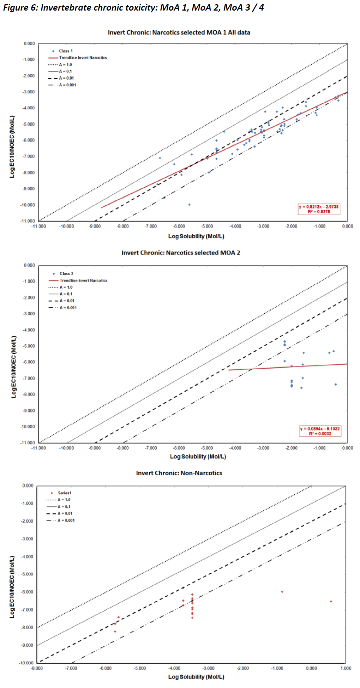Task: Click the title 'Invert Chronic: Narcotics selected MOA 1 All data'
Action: (x=179, y=32)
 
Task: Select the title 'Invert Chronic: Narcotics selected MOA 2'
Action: (x=181, y=253)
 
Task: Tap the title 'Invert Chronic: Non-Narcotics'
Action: (x=179, y=473)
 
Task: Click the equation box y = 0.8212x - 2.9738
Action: (x=319, y=209)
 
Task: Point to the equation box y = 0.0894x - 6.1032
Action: (x=320, y=431)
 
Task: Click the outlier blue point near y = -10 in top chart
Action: (x=189, y=205)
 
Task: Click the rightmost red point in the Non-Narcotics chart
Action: (x=331, y=601)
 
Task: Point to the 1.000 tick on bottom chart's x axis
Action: (x=346, y=668)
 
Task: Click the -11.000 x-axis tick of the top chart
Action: (x=39, y=226)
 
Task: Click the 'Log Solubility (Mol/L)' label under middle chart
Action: (x=198, y=457)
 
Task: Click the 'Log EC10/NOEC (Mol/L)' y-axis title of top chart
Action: (x=12, y=146)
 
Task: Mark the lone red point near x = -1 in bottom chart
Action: (x=282, y=592)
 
